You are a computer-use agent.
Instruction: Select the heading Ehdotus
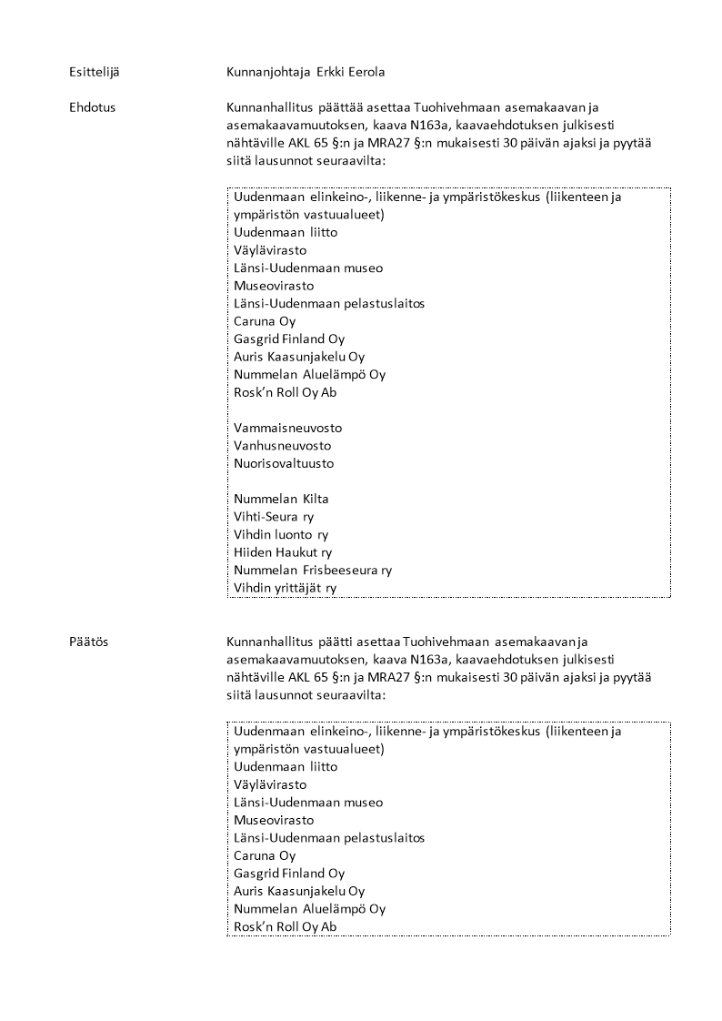(92, 107)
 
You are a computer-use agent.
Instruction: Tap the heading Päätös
(88, 642)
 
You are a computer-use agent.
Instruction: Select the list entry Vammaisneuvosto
(287, 428)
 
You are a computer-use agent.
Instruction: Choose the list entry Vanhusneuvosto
(282, 446)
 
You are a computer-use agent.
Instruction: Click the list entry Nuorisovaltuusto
(284, 463)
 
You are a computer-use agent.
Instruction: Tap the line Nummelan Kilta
(281, 499)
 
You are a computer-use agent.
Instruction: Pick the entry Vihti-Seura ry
(274, 517)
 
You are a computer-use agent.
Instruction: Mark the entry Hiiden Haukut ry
(283, 552)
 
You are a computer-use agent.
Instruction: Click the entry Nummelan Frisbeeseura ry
(313, 571)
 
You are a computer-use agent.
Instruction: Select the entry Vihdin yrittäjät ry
(285, 588)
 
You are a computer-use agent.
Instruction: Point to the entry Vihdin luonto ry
(281, 534)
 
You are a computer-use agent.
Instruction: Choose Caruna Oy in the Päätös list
(265, 855)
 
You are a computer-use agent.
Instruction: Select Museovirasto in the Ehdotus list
(274, 286)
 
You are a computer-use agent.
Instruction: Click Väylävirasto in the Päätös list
(270, 784)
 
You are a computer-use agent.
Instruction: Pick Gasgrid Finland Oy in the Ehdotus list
(289, 339)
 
